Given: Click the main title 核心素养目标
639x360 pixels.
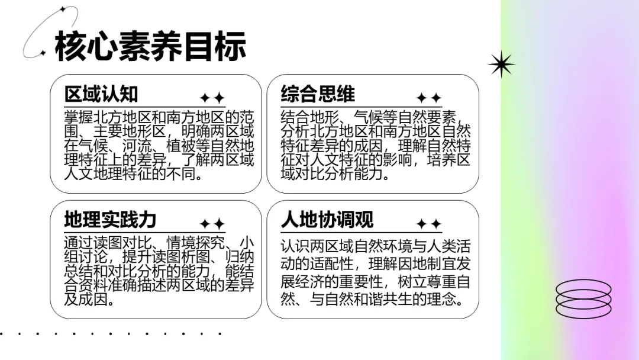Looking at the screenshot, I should pyautogui.click(x=150, y=46).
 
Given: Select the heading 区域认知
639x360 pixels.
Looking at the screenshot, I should pyautogui.click(x=101, y=94).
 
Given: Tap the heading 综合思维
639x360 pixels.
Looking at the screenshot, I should pyautogui.click(x=318, y=94).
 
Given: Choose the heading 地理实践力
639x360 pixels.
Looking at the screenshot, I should pyautogui.click(x=110, y=220).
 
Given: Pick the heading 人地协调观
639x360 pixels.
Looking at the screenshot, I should pyautogui.click(x=327, y=220).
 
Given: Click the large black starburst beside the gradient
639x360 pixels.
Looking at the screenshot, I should pyautogui.click(x=501, y=64).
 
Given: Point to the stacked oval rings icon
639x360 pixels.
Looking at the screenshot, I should pyautogui.click(x=583, y=298).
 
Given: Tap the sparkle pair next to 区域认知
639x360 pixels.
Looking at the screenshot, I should pyautogui.click(x=212, y=98).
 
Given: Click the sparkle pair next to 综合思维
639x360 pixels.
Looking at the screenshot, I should pyautogui.click(x=428, y=98).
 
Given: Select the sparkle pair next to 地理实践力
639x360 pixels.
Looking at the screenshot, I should pyautogui.click(x=212, y=224).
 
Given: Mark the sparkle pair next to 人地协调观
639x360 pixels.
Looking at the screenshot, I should pyautogui.click(x=428, y=224).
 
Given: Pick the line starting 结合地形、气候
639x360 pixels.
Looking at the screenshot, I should pyautogui.click(x=375, y=116).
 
